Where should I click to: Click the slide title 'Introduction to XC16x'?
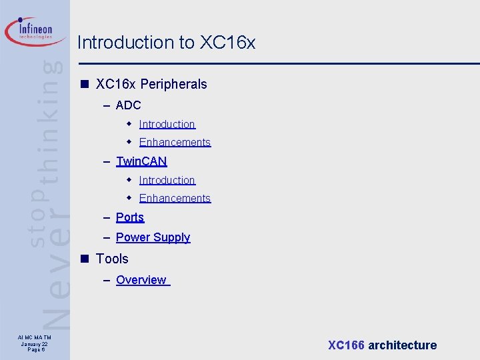point(166,43)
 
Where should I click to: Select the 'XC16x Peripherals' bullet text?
point(151,85)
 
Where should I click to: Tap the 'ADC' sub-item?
point(128,105)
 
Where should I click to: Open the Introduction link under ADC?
point(167,124)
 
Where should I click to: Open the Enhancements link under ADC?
point(175,142)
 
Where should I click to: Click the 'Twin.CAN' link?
point(141,161)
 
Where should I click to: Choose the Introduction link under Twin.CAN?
point(167,180)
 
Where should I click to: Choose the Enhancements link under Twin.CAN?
point(175,198)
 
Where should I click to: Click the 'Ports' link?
point(130,217)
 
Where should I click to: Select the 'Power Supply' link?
point(153,237)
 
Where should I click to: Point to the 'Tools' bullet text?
point(112,259)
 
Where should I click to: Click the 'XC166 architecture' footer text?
point(382,345)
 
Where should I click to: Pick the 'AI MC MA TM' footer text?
point(33,339)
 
